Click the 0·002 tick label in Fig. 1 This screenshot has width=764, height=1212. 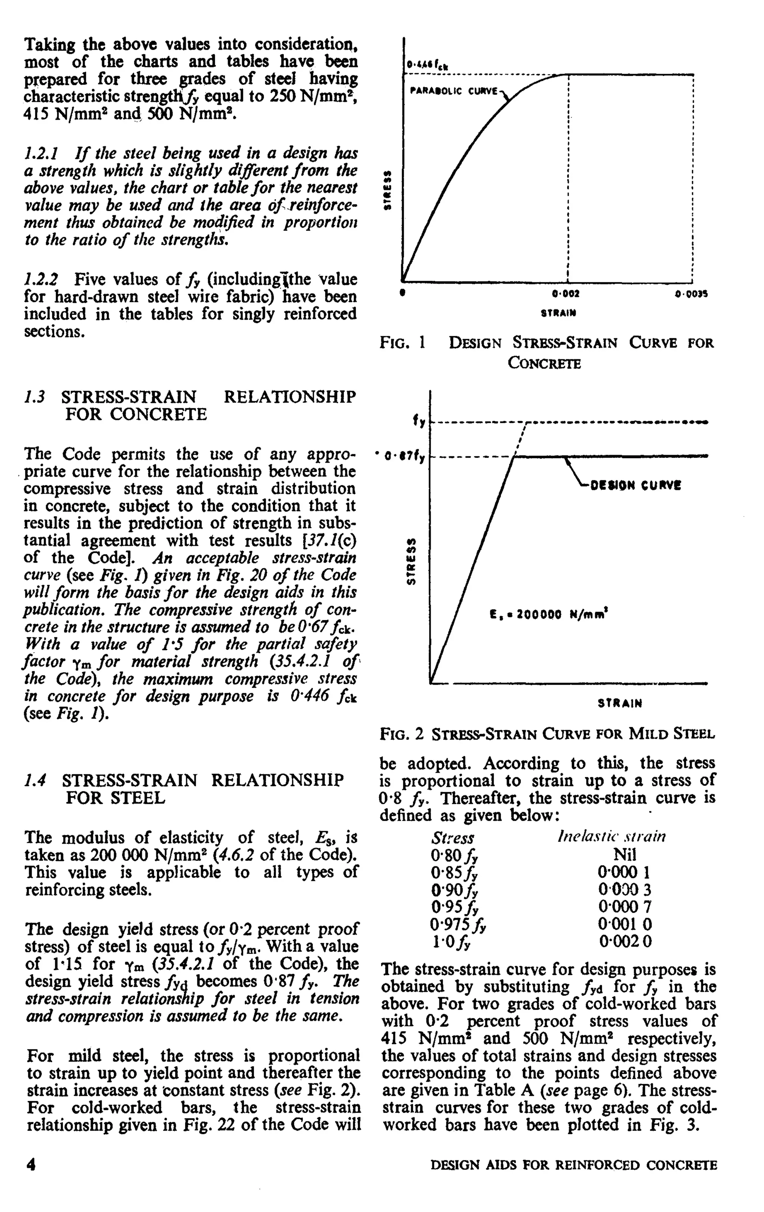click(565, 293)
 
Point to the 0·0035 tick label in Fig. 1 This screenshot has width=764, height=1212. click(691, 294)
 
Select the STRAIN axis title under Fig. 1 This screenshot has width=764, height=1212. click(558, 313)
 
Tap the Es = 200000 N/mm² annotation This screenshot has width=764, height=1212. click(548, 615)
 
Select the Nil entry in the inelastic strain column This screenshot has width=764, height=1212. click(624, 854)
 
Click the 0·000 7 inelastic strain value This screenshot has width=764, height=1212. click(624, 907)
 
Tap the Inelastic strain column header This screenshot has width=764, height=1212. click(611, 836)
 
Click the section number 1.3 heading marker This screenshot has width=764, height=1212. click(35, 397)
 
